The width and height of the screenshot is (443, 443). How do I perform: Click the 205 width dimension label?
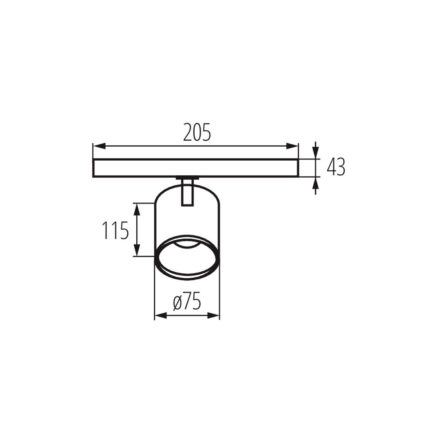[x=197, y=133]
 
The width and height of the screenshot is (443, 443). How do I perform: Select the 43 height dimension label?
[x=336, y=167]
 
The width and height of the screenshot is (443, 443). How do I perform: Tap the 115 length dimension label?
[x=115, y=230]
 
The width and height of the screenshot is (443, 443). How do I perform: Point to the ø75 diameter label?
[x=187, y=303]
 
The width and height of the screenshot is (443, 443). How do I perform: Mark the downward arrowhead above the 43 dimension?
[x=315, y=152]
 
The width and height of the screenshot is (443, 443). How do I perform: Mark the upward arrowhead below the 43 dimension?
[x=315, y=184]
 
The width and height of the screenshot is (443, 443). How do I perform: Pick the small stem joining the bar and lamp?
[x=187, y=192]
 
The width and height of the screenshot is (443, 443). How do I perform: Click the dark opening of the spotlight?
[x=187, y=258]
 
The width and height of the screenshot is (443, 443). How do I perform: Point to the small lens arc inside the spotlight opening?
[x=187, y=245]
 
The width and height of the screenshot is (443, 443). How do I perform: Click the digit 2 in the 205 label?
[x=188, y=133]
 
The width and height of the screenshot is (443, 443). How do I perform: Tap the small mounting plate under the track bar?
[x=187, y=179]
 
